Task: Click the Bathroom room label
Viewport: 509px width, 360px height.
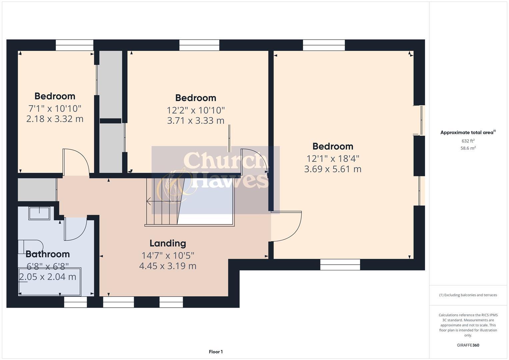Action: [48, 254]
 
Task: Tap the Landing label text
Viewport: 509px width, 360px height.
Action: [168, 243]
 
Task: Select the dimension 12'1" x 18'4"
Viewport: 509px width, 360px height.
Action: [333, 158]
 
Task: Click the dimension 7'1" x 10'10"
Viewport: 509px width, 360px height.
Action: [55, 108]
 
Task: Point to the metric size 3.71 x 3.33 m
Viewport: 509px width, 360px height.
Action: [196, 121]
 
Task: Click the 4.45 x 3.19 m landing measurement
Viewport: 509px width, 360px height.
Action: [168, 266]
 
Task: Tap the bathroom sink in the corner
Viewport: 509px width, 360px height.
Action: [39, 213]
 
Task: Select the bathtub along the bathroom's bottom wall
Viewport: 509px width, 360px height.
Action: [49, 282]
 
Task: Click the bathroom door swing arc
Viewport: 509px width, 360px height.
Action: [76, 229]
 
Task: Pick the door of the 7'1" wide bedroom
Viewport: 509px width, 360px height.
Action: [76, 162]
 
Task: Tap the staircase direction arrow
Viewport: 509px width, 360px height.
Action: [149, 201]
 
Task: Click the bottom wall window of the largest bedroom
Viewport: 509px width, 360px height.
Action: [340, 265]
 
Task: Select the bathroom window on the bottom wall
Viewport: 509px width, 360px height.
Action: [75, 302]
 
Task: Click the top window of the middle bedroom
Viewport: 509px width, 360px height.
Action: [199, 45]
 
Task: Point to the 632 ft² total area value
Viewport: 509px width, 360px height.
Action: [468, 141]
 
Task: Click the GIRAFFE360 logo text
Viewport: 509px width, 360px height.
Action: [468, 345]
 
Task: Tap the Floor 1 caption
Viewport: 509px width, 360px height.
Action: [216, 352]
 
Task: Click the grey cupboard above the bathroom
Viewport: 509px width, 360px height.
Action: [37, 190]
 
